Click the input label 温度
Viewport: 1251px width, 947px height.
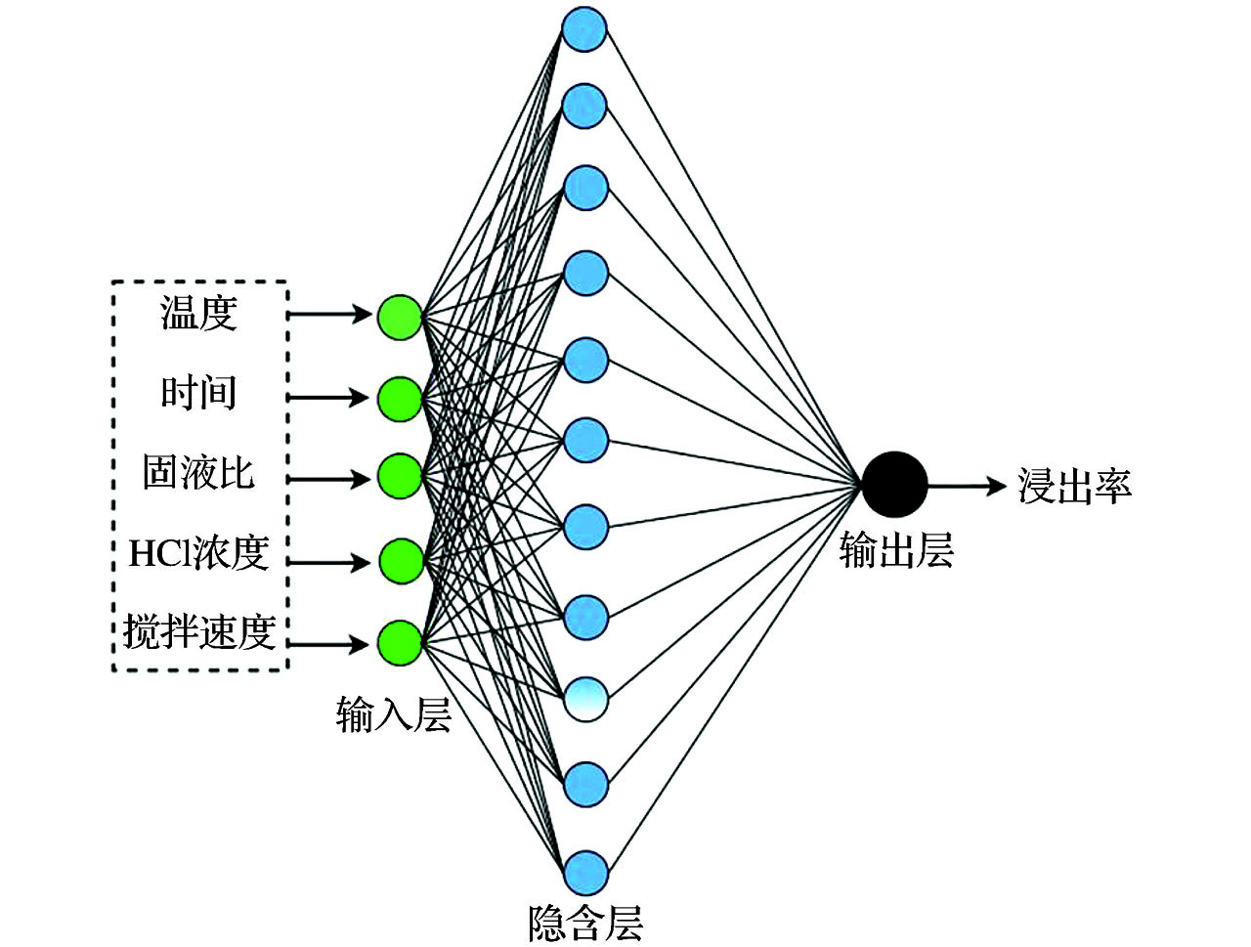(x=198, y=315)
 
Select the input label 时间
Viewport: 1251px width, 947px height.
(x=198, y=393)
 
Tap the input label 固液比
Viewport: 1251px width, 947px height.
(x=198, y=472)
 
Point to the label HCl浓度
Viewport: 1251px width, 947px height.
(x=198, y=553)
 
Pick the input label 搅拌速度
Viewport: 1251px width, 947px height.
(x=198, y=633)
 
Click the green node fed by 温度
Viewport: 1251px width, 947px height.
(x=400, y=316)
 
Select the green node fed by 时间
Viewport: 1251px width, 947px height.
(x=400, y=398)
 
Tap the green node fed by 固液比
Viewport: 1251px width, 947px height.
(x=400, y=478)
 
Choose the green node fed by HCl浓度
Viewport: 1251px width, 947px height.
(x=400, y=561)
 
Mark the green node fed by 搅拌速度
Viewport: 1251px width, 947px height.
(x=400, y=643)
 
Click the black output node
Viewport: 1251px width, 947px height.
(x=894, y=484)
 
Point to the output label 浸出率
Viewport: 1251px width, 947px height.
(x=1074, y=486)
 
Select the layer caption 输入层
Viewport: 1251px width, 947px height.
(x=393, y=715)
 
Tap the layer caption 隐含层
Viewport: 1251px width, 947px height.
(x=585, y=923)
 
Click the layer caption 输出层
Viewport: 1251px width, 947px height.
(x=896, y=552)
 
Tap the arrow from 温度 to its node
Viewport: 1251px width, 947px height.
(x=332, y=315)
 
